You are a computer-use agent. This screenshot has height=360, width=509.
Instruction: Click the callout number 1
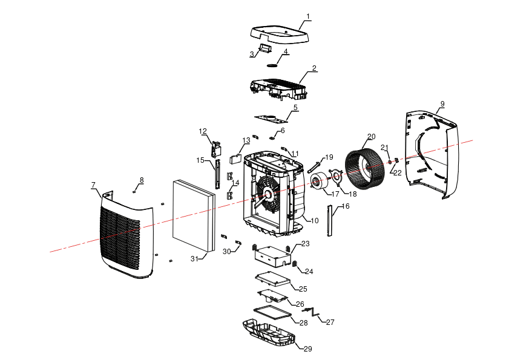point(308,16)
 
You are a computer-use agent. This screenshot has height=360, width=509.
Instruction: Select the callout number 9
point(442,104)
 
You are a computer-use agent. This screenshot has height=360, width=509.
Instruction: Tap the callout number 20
point(372,137)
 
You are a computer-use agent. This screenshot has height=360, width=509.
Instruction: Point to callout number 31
point(194,259)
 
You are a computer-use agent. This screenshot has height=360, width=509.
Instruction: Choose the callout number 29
point(307,349)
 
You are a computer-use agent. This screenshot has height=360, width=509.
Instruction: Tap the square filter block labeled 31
point(194,216)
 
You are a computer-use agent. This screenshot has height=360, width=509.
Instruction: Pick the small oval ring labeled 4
point(272,65)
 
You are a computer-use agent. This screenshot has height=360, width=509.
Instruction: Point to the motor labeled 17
point(319,181)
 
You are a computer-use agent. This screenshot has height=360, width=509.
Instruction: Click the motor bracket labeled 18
point(336,177)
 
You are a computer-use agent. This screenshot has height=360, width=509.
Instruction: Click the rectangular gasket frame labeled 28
point(272,312)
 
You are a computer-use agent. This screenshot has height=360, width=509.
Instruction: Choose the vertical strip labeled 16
point(329,221)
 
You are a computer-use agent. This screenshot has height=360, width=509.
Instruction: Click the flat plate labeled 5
point(271,119)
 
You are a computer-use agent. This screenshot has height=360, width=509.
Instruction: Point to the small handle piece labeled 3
point(265,48)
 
